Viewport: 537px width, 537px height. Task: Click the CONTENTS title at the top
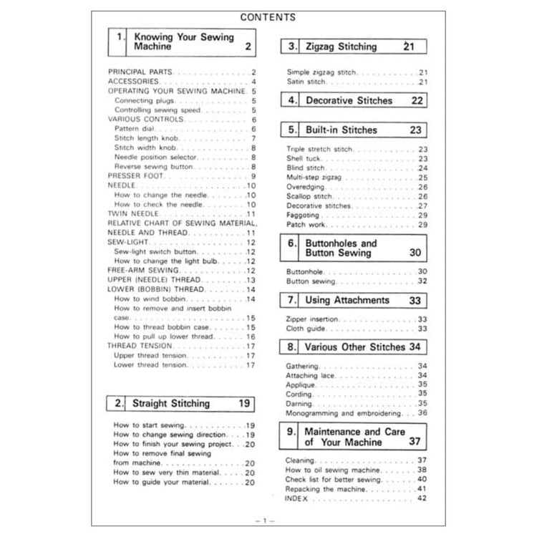click(x=268, y=16)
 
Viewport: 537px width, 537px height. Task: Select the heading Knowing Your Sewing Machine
click(x=184, y=42)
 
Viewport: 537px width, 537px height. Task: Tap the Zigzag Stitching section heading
click(x=341, y=47)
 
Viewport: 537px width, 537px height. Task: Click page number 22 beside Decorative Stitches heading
click(x=417, y=101)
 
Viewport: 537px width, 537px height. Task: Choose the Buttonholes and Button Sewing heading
click(x=340, y=248)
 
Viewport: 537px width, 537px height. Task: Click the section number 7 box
click(x=291, y=301)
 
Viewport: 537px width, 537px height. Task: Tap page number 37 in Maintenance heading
click(x=414, y=442)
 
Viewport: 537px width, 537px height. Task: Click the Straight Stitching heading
click(x=171, y=404)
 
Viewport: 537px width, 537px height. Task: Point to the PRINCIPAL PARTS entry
click(x=140, y=72)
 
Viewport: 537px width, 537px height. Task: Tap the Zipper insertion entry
click(x=312, y=319)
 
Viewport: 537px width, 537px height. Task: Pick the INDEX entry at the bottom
click(x=296, y=498)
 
